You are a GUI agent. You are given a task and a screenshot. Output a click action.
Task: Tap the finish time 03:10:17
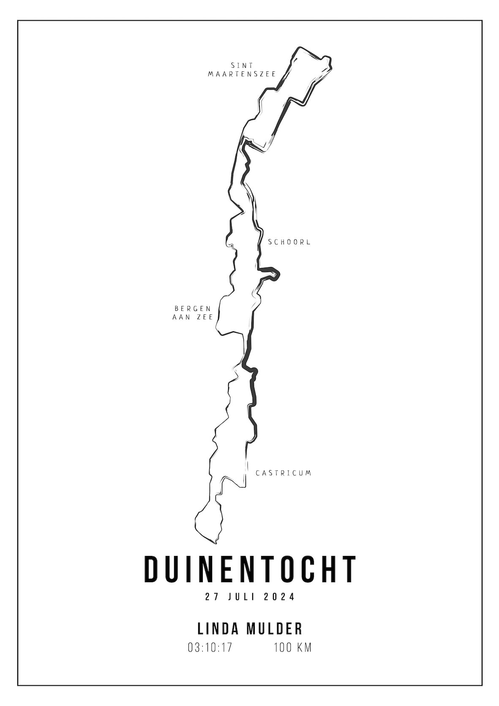[x=210, y=647]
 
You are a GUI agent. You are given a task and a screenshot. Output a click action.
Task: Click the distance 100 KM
[x=292, y=647]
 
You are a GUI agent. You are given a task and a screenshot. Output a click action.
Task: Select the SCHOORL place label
[x=289, y=242]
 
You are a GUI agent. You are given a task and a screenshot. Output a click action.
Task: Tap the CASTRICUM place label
[x=284, y=473]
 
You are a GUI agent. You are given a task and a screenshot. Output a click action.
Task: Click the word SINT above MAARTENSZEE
[x=242, y=65]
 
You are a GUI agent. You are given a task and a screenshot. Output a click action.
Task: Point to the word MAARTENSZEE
[x=242, y=74]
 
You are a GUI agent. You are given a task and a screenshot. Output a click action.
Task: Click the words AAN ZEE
[x=192, y=317]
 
